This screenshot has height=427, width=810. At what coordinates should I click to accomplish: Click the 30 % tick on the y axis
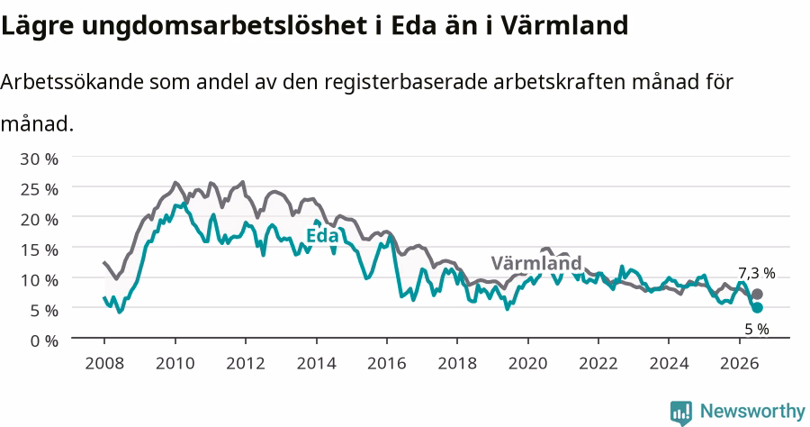coord(40,159)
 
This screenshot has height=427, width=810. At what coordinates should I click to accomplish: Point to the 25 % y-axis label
coord(40,189)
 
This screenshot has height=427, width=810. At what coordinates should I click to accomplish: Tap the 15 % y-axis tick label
coord(40,250)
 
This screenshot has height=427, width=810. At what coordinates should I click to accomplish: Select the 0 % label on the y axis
coord(44,341)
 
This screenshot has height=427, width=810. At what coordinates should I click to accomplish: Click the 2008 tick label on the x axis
coord(104,363)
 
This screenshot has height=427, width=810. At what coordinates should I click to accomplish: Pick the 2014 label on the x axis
coord(316,363)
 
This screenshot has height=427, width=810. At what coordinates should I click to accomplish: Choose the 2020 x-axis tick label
coord(528,363)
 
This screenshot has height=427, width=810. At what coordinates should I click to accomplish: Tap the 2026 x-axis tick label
coord(740,363)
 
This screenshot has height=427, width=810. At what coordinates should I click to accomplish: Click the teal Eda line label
coord(322,236)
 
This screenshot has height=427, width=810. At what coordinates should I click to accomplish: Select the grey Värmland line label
coord(536,263)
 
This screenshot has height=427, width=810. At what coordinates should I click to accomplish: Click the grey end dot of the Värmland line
coord(757,295)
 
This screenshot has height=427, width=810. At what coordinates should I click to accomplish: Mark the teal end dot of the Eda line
coord(757,307)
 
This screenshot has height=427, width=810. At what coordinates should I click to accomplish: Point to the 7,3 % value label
coord(757,273)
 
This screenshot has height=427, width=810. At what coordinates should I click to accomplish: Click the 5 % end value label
coord(757,329)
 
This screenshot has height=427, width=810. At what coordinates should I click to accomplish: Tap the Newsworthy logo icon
coord(681,413)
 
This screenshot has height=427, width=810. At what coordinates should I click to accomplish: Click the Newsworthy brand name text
coord(752,412)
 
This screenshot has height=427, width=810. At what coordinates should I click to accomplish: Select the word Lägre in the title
coord(38,26)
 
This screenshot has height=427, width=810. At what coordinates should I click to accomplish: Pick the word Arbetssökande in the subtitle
coord(72,82)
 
